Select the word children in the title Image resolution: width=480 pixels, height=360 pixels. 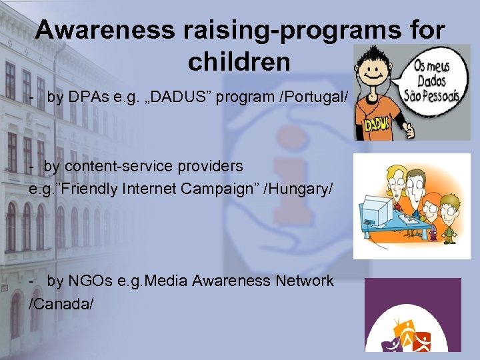coord(239,61)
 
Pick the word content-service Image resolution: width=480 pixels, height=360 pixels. coord(121,165)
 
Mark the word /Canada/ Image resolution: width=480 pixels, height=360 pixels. coord(61,304)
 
